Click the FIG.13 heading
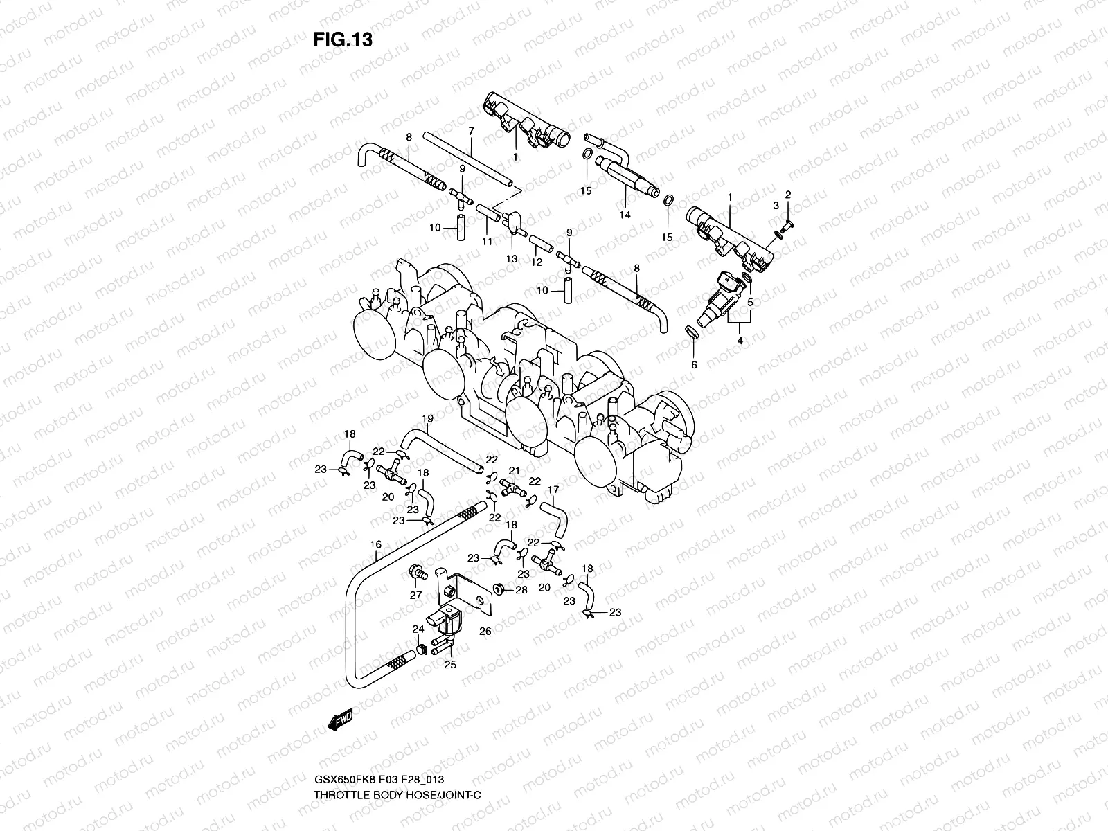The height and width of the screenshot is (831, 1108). click(x=343, y=40)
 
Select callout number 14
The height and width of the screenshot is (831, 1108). click(x=625, y=215)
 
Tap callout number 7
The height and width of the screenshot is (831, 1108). click(x=470, y=131)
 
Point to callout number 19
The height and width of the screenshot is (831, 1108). click(x=427, y=418)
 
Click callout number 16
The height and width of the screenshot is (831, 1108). click(x=375, y=545)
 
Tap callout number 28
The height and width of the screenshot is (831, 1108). click(x=521, y=590)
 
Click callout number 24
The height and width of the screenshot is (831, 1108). click(x=417, y=629)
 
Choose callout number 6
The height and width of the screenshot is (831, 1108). click(x=694, y=364)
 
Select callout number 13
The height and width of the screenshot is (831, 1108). click(x=512, y=258)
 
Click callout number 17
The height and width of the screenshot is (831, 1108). click(x=553, y=490)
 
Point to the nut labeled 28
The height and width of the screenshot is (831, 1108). click(x=497, y=589)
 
